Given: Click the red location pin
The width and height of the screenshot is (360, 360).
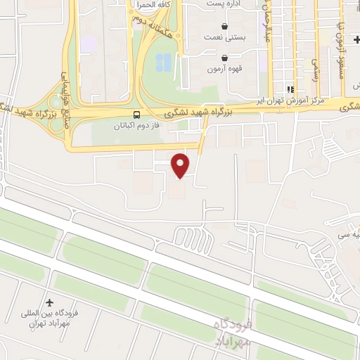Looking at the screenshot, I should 181,165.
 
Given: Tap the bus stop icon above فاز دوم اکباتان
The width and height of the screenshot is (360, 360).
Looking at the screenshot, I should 136,115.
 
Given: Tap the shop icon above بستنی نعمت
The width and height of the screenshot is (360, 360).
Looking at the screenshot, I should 224,25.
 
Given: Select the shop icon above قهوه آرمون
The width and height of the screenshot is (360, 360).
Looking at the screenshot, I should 224,58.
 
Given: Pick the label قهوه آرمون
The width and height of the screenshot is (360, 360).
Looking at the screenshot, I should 224,70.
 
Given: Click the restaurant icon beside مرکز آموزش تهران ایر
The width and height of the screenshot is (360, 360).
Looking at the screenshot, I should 290,89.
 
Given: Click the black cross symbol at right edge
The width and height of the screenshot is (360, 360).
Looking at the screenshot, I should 356,39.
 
